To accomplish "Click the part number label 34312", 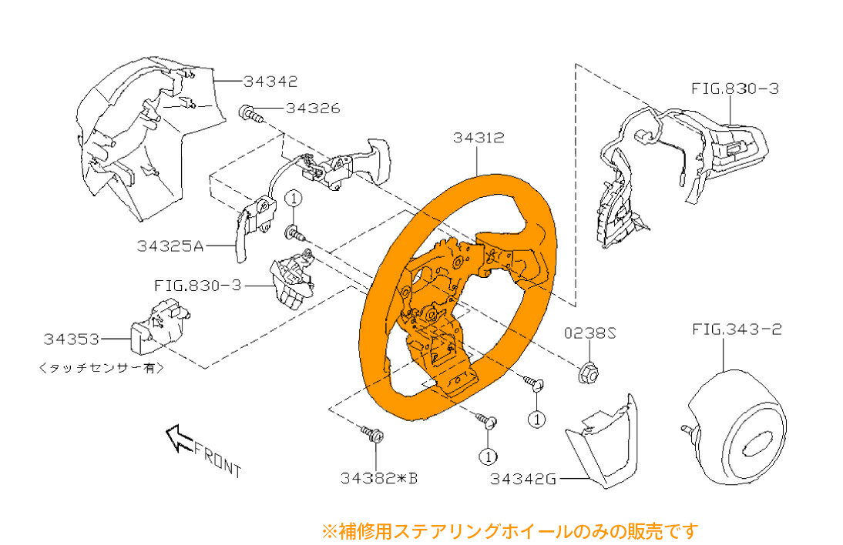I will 479,139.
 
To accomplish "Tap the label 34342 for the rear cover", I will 270,81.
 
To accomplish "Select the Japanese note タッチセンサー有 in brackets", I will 101,368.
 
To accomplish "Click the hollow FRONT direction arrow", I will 178,439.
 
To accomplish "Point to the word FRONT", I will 218,459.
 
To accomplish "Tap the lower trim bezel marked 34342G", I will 605,446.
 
